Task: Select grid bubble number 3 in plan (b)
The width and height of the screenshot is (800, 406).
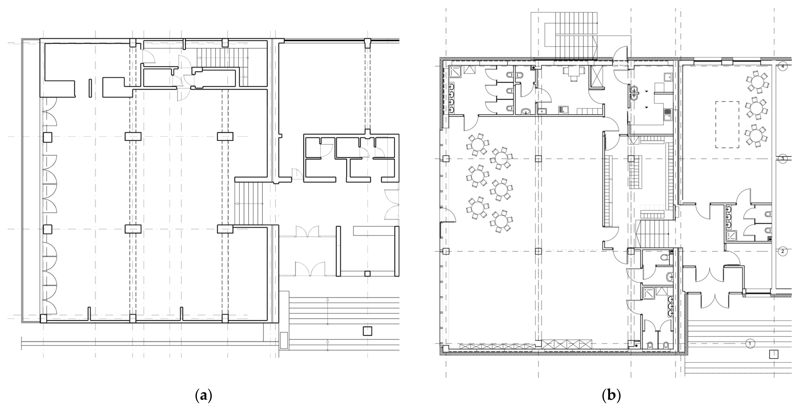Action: coord(783,159)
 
